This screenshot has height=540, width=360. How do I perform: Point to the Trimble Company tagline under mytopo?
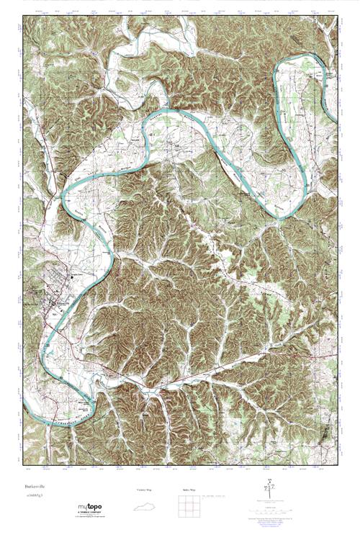pos(90,513)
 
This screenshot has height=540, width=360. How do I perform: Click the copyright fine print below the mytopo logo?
pos(90,517)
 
